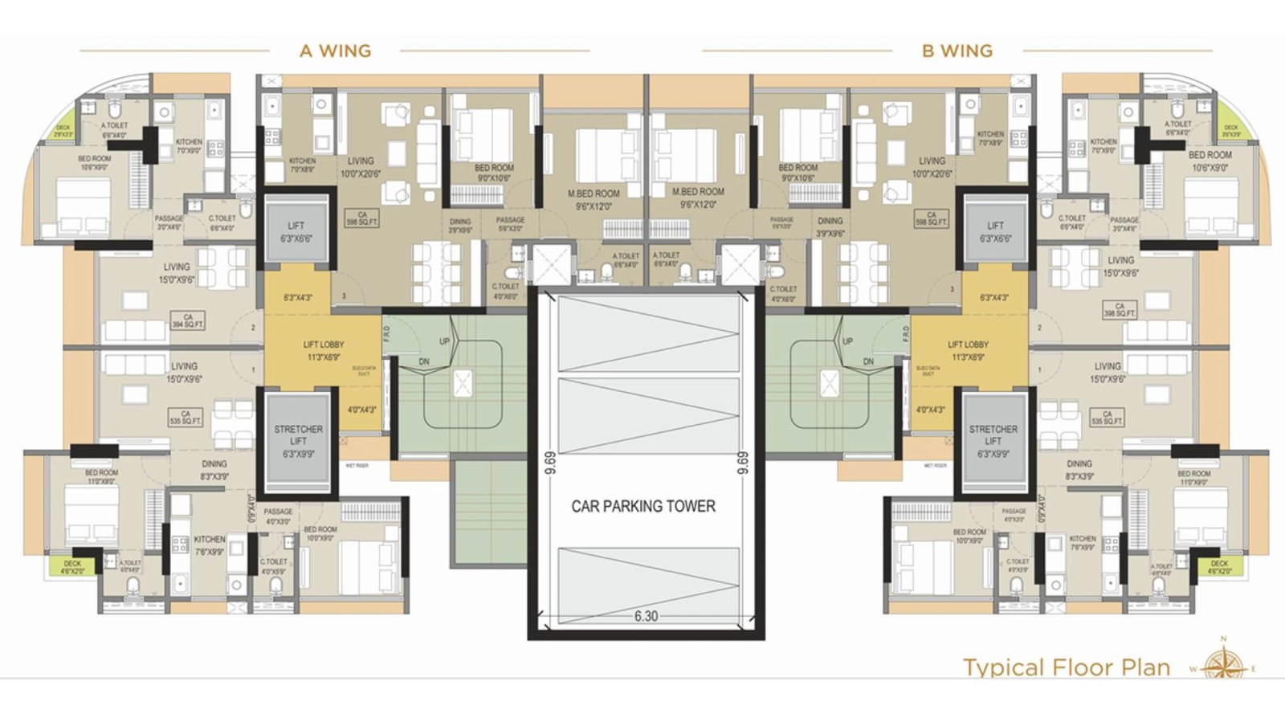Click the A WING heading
click(335, 51)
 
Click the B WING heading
click(957, 51)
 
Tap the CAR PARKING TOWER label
click(643, 507)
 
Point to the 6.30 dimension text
click(646, 616)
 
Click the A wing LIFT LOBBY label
click(324, 350)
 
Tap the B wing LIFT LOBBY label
click(968, 350)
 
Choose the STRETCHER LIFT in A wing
click(298, 441)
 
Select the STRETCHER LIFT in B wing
click(993, 441)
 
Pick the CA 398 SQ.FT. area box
click(1120, 310)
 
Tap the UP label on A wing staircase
click(444, 341)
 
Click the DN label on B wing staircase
click(868, 361)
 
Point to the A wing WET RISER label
click(357, 466)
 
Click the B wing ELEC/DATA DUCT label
click(928, 370)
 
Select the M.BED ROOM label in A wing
click(594, 199)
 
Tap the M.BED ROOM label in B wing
click(698, 198)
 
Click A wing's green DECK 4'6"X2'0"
click(72, 567)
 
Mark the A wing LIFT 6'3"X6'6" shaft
click(296, 231)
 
